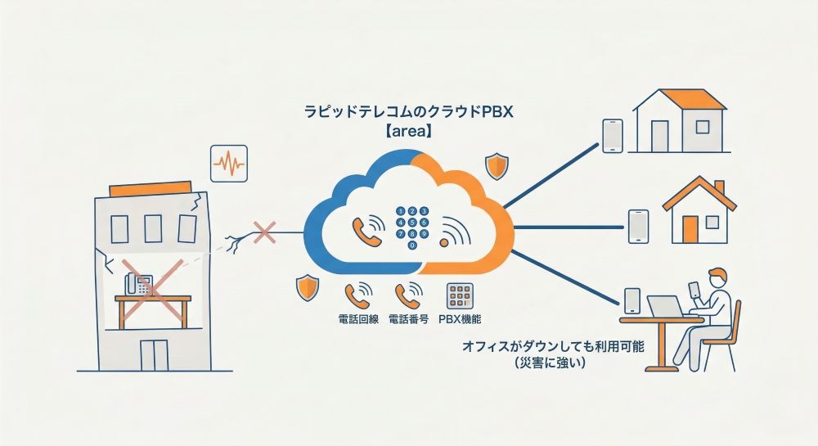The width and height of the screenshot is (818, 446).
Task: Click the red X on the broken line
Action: click(x=264, y=233)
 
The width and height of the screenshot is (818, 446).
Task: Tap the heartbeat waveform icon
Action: click(x=228, y=164)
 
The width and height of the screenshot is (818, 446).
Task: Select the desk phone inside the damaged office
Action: click(x=137, y=283)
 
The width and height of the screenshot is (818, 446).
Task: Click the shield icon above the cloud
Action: click(x=497, y=166)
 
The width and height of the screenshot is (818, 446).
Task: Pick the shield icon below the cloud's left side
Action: click(x=307, y=287)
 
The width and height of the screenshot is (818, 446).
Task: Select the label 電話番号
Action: click(x=408, y=318)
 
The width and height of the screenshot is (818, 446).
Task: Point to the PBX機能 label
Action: click(x=458, y=318)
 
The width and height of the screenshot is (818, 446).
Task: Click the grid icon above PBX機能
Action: click(x=458, y=295)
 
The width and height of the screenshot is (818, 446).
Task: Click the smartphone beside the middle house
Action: click(x=638, y=225)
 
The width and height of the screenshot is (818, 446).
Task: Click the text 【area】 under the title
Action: click(x=407, y=130)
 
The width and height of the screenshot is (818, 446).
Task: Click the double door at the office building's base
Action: click(x=153, y=354)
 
